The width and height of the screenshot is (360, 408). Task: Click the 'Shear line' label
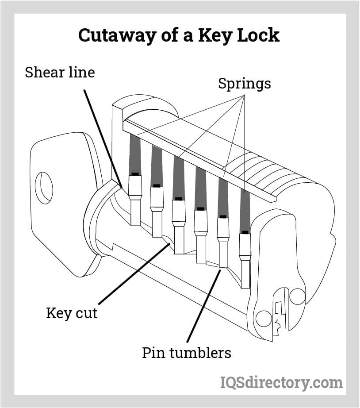(x=60, y=72)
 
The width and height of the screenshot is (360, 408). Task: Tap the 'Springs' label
(x=245, y=84)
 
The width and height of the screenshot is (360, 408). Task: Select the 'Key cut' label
(x=72, y=313)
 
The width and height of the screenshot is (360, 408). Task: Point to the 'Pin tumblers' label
(x=187, y=353)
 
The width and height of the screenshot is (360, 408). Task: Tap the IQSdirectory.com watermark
(x=281, y=383)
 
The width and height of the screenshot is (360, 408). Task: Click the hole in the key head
(x=44, y=188)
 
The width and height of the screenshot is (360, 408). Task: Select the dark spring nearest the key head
(x=135, y=154)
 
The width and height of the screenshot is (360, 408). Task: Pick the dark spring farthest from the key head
(x=245, y=211)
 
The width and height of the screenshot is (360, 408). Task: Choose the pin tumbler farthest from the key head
(x=245, y=261)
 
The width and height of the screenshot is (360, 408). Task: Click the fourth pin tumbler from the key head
(x=201, y=236)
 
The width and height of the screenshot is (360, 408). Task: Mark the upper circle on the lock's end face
(x=297, y=296)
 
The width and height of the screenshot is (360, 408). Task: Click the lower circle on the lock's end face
(x=264, y=319)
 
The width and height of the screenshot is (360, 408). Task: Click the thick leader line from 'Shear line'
(x=103, y=139)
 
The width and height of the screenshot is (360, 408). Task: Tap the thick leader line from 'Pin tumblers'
(x=204, y=306)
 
